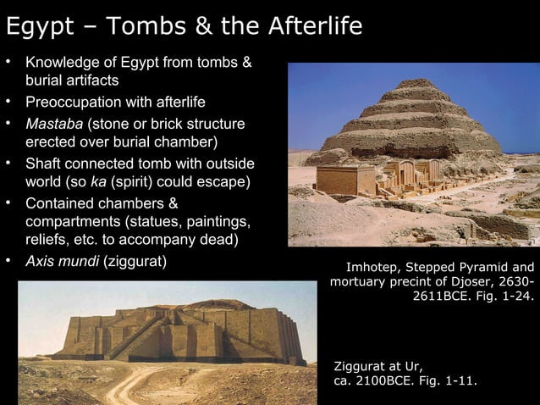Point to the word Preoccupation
click(77, 103)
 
